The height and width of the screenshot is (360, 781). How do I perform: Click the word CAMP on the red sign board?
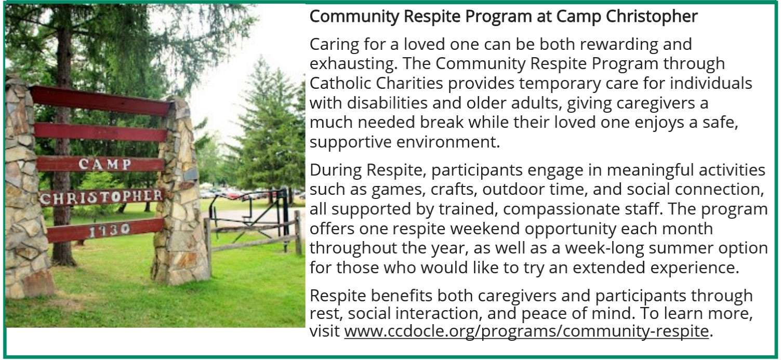[104, 164]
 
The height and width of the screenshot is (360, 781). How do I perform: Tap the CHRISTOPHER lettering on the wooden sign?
[101, 197]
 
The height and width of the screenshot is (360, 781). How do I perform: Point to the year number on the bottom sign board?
[110, 230]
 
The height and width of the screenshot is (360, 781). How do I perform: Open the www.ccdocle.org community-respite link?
[526, 331]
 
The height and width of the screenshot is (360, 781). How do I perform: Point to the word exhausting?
[353, 64]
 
